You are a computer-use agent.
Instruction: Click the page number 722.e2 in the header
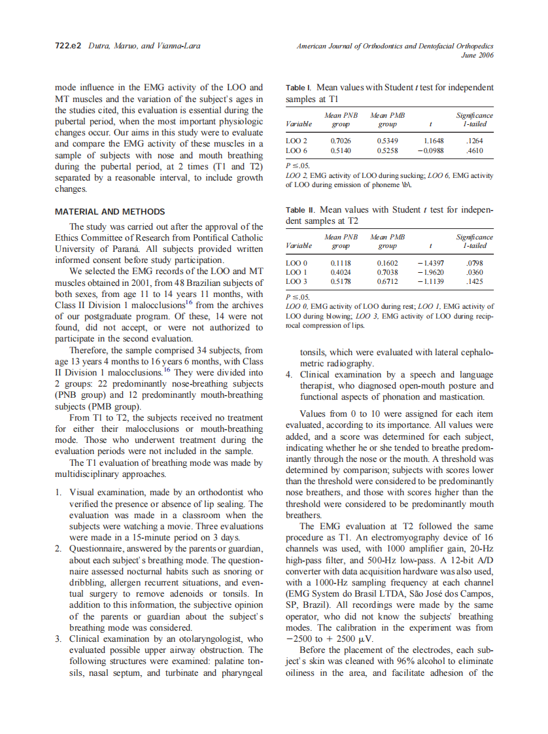[68, 46]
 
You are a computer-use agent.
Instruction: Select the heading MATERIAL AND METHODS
[109, 212]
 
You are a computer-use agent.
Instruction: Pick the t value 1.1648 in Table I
[433, 140]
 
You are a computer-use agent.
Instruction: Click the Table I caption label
[301, 88]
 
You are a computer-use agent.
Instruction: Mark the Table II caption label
[301, 210]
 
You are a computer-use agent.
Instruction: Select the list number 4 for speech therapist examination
[289, 375]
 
